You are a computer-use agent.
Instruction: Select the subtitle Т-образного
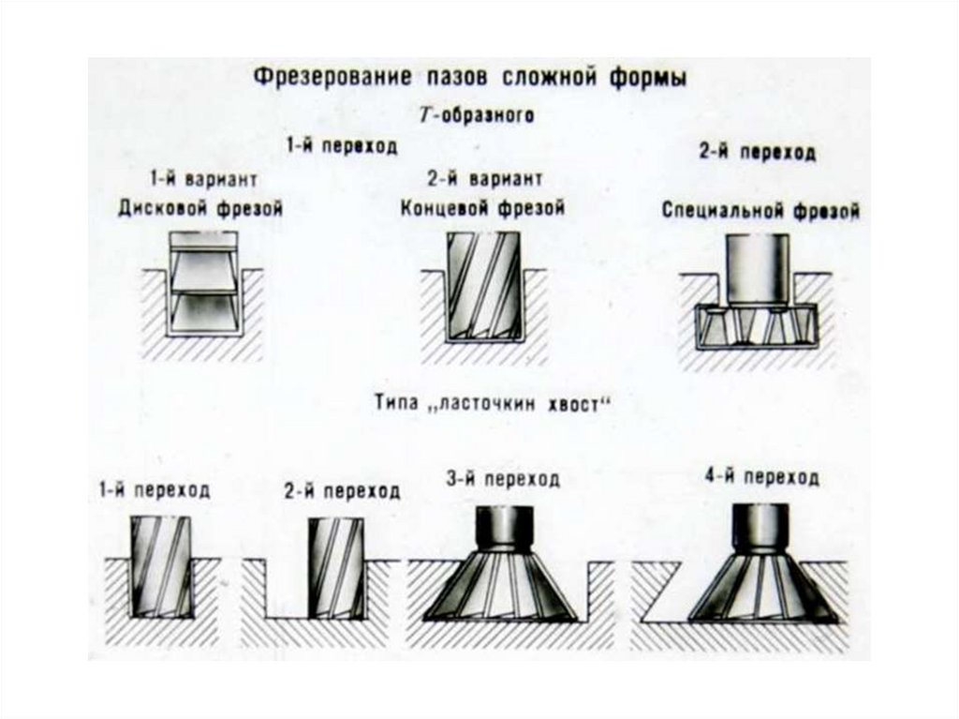(x=475, y=115)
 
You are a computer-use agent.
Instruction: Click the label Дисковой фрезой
(x=200, y=208)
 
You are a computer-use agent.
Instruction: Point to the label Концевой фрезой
(x=482, y=208)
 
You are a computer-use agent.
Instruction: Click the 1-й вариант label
(x=202, y=178)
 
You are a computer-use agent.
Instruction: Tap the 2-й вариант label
(x=483, y=178)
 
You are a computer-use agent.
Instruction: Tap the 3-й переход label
(x=503, y=480)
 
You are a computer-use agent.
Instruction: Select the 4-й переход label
(x=761, y=478)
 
